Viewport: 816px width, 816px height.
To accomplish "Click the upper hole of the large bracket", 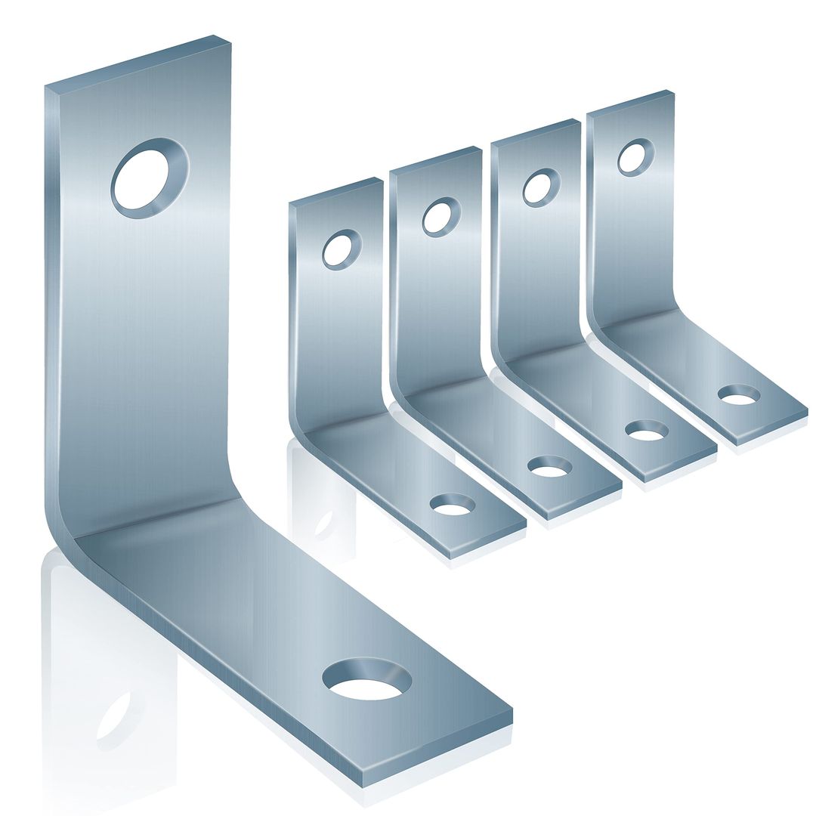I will pos(150,178).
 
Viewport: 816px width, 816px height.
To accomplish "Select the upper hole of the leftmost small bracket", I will pos(342,249).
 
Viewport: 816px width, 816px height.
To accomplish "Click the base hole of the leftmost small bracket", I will pos(452,504).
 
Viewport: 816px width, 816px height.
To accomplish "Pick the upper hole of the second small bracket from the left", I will pos(441,217).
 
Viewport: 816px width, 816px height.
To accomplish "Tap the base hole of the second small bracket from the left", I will pos(549,467).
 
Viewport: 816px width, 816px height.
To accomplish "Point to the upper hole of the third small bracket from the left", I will pos(541,187).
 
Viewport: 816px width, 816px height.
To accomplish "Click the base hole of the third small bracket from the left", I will pos(647,430).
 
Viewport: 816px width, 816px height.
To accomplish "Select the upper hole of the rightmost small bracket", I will pos(635,157).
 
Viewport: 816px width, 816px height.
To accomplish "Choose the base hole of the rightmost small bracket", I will pos(739,394).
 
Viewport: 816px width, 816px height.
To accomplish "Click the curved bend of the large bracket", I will pos(68,529).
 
